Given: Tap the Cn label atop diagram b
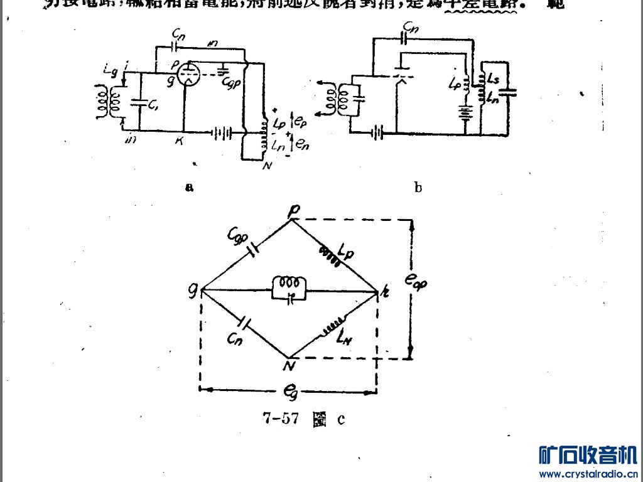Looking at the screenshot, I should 410,28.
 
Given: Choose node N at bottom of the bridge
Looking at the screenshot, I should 290,366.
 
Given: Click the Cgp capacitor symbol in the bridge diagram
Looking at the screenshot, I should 254,250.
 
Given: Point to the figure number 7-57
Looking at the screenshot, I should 280,419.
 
